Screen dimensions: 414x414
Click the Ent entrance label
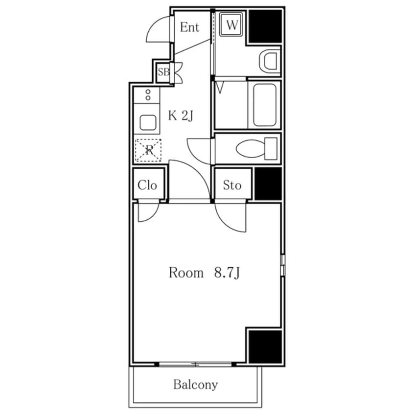click(189, 27)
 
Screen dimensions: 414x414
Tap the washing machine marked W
click(231, 25)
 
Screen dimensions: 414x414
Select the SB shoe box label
click(164, 72)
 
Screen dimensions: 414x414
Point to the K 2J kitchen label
click(181, 115)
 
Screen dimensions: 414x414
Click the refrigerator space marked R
click(148, 150)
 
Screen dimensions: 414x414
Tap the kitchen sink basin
click(148, 122)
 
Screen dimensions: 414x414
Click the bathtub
click(265, 105)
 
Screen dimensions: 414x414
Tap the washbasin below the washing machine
click(269, 61)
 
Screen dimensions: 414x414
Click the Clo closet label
click(147, 185)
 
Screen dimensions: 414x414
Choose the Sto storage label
click(232, 185)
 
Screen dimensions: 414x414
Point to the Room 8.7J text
click(204, 273)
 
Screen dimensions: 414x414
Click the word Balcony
click(196, 385)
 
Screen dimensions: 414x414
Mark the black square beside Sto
click(268, 184)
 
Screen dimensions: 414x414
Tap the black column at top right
click(265, 26)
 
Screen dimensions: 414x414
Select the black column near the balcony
click(265, 346)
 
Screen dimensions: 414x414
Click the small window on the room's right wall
click(283, 265)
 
